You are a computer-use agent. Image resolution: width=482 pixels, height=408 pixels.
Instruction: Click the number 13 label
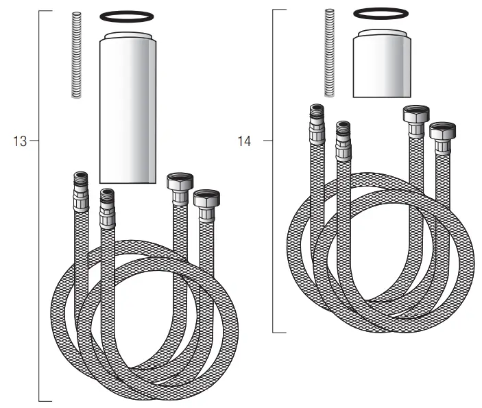pyautogui.click(x=20, y=141)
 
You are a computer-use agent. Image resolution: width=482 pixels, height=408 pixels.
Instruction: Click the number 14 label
pyautogui.click(x=244, y=141)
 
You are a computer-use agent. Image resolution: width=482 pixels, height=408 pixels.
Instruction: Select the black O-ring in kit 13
pyautogui.click(x=127, y=15)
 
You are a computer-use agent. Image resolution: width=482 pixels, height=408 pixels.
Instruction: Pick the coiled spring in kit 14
pyautogui.click(x=330, y=52)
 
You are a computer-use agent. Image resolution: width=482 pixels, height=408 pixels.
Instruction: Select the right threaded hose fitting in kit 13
pyautogui.click(x=106, y=207)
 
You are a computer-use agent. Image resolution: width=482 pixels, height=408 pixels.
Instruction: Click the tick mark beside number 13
pyautogui.click(x=34, y=141)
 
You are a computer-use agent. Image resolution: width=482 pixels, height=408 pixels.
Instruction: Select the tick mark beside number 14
pyautogui.click(x=268, y=141)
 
